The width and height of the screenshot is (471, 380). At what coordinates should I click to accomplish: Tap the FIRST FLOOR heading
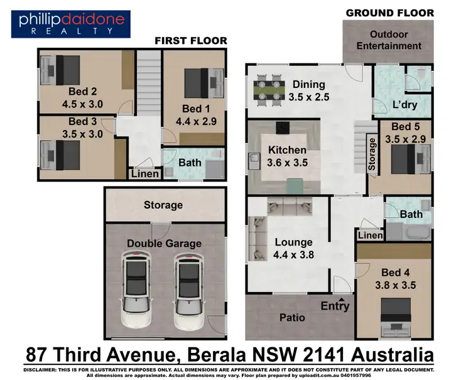191,41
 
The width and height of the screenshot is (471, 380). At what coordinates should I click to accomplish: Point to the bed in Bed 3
61,154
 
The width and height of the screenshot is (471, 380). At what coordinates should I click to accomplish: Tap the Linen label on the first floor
145,173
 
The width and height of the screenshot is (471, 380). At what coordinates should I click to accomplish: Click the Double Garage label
164,244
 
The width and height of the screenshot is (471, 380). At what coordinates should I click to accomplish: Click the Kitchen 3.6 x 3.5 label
288,156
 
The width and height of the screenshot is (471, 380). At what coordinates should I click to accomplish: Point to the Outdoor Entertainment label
389,40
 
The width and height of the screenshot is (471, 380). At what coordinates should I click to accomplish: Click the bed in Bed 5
408,159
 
